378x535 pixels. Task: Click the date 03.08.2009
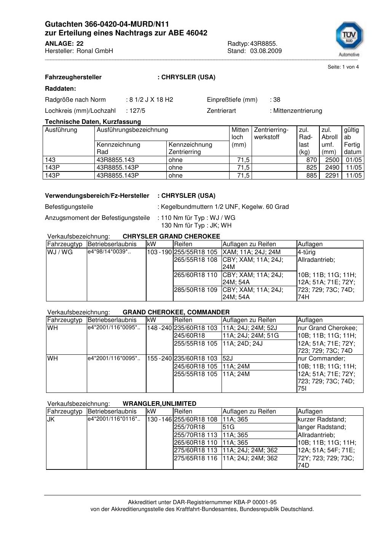point(266,51)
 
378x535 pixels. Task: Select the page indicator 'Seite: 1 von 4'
point(343,67)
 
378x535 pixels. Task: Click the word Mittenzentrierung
point(297,111)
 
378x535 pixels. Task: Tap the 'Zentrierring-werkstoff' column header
point(271,133)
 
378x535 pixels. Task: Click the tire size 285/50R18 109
point(196,290)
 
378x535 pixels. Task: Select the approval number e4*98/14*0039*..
point(109,252)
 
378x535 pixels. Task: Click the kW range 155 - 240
point(159,359)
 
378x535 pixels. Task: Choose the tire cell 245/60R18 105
point(196,367)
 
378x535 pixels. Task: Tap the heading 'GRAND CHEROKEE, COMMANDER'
point(176,312)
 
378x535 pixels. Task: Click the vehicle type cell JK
point(51,420)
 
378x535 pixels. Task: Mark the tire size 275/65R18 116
point(196,458)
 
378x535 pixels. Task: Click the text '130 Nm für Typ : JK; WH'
point(196,225)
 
